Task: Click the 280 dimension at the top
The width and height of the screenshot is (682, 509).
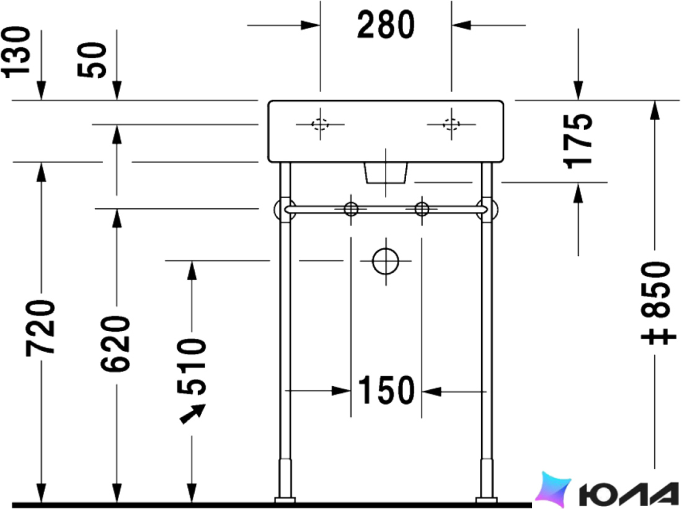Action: pos(386,25)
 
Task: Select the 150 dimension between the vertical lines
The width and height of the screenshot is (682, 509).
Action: pos(386,390)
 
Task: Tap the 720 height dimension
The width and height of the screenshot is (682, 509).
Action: pos(40,328)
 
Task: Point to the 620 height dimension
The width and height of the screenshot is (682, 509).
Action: pos(115,343)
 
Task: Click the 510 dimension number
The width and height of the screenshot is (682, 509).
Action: pos(192,367)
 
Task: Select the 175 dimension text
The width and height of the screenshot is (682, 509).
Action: pos(578,141)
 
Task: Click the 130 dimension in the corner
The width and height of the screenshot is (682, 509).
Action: pos(17,52)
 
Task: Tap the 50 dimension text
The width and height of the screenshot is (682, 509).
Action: pos(92,60)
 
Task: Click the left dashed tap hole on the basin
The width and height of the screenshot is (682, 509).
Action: pos(320,125)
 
